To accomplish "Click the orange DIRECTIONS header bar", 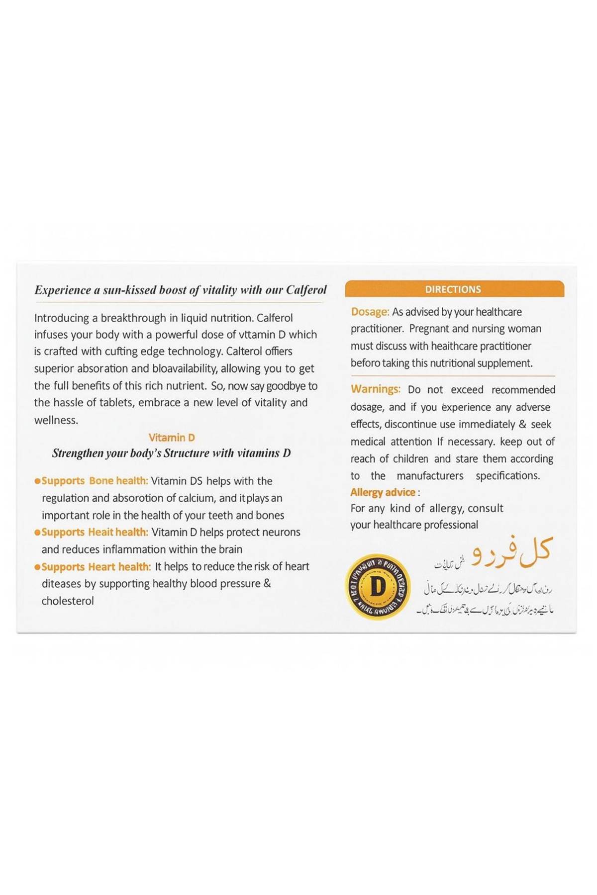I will (454, 289).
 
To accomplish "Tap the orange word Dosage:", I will (370, 312).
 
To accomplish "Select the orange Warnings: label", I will (375, 389).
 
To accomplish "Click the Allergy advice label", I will (383, 492).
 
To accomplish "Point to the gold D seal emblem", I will (378, 587).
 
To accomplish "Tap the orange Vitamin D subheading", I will (172, 438).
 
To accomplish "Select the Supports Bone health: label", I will (95, 481).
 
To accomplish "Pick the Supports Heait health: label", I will (95, 532).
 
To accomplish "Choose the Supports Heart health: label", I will (96, 567).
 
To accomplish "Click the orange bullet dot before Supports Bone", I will (37, 481).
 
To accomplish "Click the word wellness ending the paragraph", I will (55, 420).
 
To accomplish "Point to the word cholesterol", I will (68, 601).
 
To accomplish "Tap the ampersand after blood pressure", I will (267, 583).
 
